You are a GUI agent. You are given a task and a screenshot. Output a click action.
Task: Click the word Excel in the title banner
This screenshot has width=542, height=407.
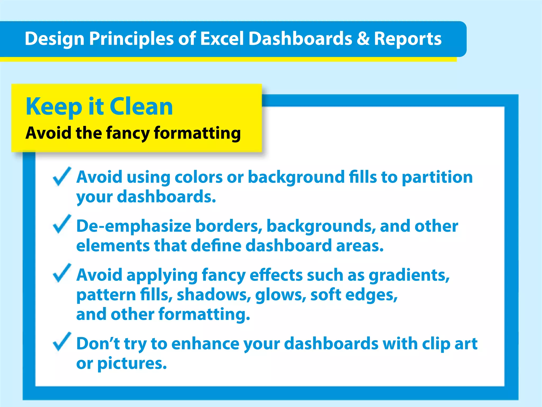[222, 39]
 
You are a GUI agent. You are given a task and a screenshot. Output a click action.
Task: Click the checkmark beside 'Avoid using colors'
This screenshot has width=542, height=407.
[62, 176]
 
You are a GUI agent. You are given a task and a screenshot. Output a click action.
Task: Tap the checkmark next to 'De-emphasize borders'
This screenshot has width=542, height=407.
[62, 224]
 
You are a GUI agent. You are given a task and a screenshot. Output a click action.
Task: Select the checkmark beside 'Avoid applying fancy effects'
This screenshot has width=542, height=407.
[62, 273]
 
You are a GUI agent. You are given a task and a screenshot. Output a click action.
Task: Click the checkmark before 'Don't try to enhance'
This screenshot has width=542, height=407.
[62, 342]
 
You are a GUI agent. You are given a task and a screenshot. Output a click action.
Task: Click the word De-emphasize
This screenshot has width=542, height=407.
[134, 226]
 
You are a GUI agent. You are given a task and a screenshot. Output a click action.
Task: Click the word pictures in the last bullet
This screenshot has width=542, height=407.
[132, 364]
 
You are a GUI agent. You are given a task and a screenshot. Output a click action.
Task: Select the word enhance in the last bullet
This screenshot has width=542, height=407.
[205, 344]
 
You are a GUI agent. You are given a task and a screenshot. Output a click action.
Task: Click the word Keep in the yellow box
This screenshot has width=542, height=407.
[54, 107]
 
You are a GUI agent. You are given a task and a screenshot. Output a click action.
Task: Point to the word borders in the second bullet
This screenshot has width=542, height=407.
[229, 226]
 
